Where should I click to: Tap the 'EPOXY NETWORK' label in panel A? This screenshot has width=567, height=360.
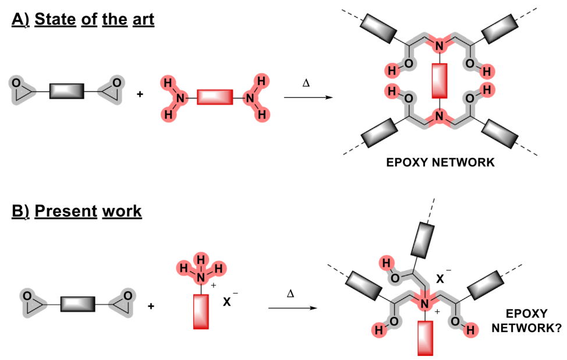click(441, 163)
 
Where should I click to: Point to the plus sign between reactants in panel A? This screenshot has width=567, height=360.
click(140, 93)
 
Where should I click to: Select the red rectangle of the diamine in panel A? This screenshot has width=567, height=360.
click(215, 97)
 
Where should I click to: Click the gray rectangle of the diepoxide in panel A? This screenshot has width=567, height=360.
click(67, 91)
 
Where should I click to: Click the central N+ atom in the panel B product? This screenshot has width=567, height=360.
click(424, 305)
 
